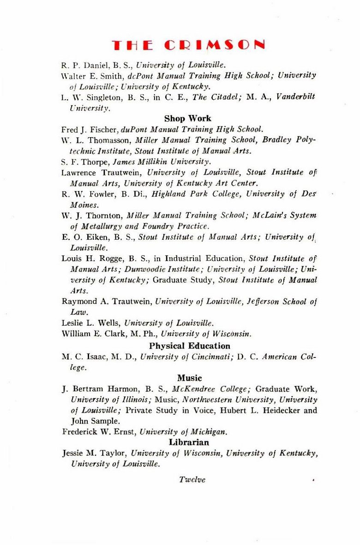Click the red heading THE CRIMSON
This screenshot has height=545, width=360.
pyautogui.click(x=188, y=45)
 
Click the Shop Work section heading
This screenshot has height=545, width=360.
pyautogui.click(x=188, y=119)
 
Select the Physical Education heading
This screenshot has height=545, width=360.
pyautogui.click(x=189, y=345)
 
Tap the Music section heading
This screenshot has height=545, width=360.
pyautogui.click(x=189, y=378)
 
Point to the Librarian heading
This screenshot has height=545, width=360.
pyautogui.click(x=189, y=442)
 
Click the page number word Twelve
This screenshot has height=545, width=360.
pyautogui.click(x=192, y=479)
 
